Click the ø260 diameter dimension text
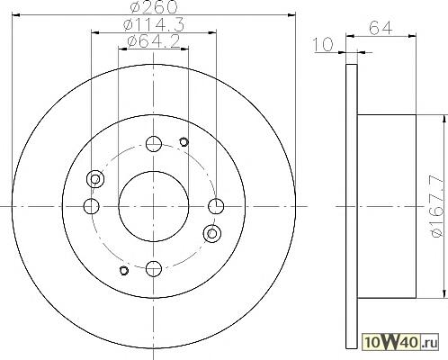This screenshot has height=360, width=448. pos(154,6)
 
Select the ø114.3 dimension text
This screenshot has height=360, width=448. pos(154,25)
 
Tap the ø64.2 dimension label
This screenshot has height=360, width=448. pos(154,41)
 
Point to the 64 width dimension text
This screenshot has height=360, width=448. pos(381,28)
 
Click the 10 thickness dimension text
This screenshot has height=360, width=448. pos(323,44)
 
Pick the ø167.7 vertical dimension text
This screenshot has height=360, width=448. pos(436,207)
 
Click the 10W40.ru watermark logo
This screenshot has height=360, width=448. pos(400,342)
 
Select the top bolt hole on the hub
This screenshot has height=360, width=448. pos(154,144)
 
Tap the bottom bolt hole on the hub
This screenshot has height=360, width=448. pos(154,269)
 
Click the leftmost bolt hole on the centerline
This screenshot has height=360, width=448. pos(92,206)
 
